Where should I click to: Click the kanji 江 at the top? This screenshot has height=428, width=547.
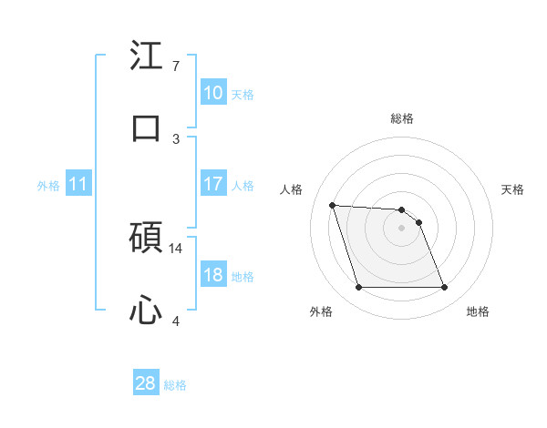coord(146,56)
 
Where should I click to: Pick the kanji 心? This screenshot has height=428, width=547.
coord(146,311)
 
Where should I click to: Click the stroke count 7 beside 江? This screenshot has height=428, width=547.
coord(176,66)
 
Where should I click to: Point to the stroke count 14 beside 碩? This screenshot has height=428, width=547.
coord(176,248)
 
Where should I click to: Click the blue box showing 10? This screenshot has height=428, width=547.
coord(212,93)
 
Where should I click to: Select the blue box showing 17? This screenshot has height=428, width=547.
coord(212,184)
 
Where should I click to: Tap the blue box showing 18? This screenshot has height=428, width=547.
coord(212,276)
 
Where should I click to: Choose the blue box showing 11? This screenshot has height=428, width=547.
coord(77,185)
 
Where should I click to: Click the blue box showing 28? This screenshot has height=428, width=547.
coord(145,384)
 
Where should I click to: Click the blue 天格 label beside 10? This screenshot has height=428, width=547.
coord(243,94)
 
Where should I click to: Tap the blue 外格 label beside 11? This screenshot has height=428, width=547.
coord(48,186)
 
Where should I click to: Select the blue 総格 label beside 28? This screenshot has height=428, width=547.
coord(175,385)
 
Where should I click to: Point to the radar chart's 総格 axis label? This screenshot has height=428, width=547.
coord(402,118)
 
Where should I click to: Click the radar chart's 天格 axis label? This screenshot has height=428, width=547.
coord(513,189)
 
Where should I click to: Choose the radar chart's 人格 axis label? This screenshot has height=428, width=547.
coord(291,189)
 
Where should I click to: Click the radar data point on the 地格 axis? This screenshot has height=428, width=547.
coord(444,288)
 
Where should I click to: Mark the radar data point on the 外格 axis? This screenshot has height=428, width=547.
coord(358,288)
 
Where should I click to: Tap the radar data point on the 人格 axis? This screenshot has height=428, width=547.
coord(332,205)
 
